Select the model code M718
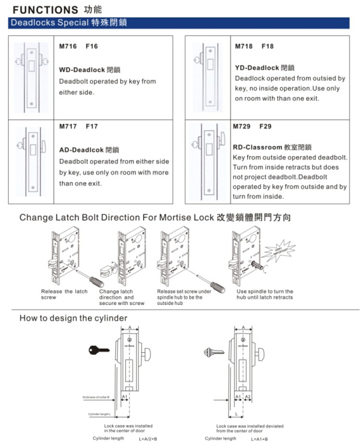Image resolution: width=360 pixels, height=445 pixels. [x=246, y=47]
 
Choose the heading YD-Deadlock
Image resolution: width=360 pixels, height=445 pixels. [x=259, y=67]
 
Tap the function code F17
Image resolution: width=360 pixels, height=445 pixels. [x=92, y=127]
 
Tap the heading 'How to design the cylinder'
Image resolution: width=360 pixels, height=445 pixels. [x=73, y=318]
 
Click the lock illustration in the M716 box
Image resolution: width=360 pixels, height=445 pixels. [x=31, y=75]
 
